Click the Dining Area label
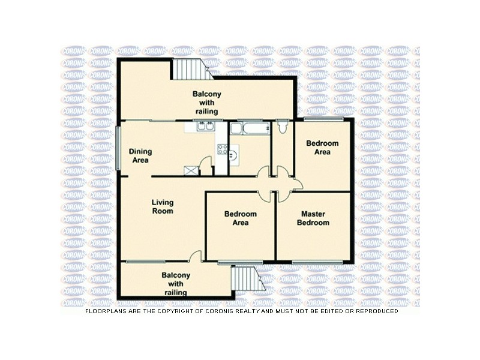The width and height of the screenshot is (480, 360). [140, 155]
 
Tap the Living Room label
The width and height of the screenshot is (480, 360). [162, 207]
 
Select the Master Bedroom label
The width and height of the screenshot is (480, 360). [315, 218]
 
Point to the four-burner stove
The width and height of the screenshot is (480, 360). [223, 150]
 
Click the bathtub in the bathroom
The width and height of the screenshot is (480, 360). [250, 128]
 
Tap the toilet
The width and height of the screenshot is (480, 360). [283, 127]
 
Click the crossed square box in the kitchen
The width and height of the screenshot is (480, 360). [191, 170]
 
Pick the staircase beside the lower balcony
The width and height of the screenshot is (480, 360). [245, 278]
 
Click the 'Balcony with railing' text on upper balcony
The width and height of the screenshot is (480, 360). [205, 103]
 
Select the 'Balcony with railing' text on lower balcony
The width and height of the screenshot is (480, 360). [176, 284]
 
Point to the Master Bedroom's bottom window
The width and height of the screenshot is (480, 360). [317, 262]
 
